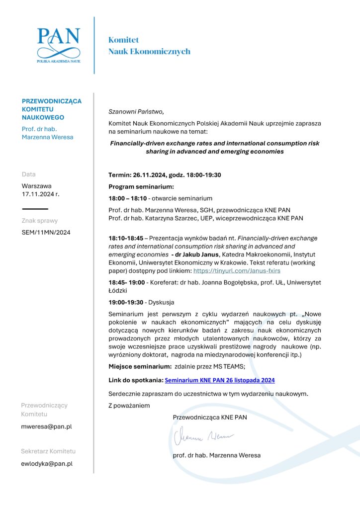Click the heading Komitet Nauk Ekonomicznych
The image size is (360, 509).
point(149,45)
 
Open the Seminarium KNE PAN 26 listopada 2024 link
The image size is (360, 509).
point(219,380)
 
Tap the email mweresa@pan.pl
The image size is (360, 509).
point(46,426)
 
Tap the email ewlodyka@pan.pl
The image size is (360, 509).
point(47,464)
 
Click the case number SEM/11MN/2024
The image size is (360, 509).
point(46,233)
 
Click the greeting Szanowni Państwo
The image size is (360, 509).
point(136,111)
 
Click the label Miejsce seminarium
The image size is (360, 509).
point(140,367)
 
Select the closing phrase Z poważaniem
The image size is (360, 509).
point(129,406)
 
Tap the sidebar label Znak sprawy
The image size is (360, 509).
point(40,221)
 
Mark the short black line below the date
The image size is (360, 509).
point(35,209)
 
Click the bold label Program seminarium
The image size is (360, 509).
point(141,187)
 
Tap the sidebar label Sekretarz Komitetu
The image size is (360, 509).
point(48,451)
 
